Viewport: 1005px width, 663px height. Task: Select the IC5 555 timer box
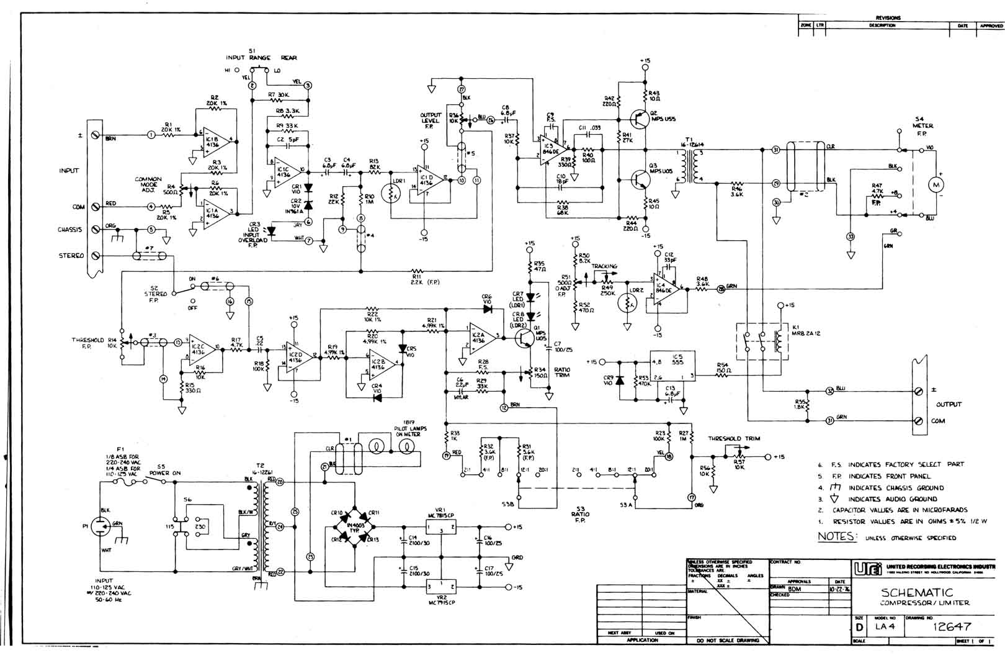[672, 367]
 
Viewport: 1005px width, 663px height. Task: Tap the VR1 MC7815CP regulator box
[440, 527]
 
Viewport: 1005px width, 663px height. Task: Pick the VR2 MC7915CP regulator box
[440, 587]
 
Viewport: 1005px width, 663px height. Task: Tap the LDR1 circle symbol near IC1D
[391, 194]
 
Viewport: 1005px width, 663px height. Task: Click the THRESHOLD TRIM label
[734, 438]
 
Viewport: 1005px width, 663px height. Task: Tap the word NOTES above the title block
[837, 536]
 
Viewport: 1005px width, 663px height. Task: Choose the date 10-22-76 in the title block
[837, 589]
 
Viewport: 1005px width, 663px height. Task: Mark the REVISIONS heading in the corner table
[888, 18]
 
